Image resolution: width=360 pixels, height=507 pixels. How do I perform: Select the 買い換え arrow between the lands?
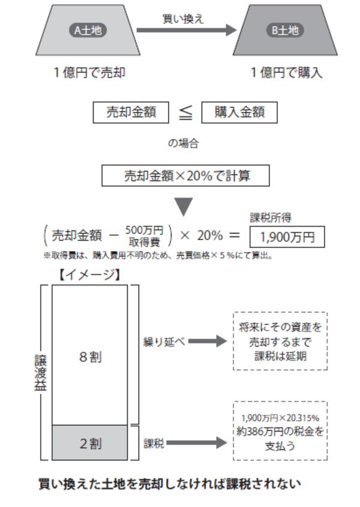[x=185, y=30]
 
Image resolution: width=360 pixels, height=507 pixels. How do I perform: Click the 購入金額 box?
[x=239, y=112]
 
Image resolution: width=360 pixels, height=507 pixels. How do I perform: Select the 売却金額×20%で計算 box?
[x=185, y=176]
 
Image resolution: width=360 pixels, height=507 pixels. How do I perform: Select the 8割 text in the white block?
[x=90, y=357]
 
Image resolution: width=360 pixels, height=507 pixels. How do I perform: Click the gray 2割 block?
[x=90, y=444]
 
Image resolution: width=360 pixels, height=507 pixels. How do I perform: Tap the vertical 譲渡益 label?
[x=38, y=372]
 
